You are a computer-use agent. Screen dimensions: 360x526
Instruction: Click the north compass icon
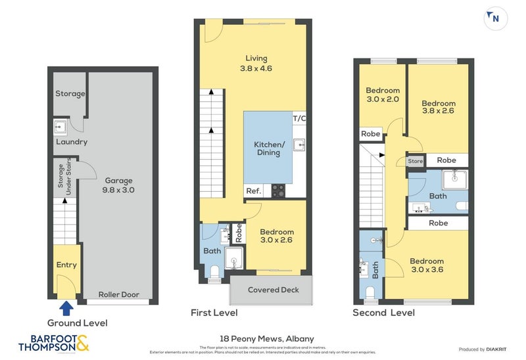pos(495,18)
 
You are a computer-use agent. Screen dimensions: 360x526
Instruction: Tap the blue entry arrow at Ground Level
pos(66,308)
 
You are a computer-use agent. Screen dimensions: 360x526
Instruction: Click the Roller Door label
pos(119,294)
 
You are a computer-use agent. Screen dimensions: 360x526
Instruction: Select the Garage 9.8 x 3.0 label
pos(118,185)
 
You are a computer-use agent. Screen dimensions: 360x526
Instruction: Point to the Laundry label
pos(71,142)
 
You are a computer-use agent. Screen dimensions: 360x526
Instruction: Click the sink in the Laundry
pos(61,126)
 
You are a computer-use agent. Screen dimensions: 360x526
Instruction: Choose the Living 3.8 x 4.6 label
pos(256,63)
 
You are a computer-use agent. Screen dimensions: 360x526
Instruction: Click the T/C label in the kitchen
pos(299,118)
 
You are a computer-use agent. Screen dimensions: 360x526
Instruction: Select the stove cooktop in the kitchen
pos(279,191)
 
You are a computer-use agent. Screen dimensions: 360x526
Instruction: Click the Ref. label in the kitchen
pos(253,191)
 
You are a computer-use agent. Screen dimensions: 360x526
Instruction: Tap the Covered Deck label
pos(273,290)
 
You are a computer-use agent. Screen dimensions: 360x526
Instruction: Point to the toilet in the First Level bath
pos(214,273)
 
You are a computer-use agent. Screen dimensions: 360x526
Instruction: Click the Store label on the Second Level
pos(416,161)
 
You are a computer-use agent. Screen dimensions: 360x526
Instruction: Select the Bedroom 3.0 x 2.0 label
pos(383,95)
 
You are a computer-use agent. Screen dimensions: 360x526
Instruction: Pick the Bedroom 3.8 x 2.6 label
pos(439,107)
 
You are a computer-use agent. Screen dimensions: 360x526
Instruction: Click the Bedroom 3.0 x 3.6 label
pos(427,265)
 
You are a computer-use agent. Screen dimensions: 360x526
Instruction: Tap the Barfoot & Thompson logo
pos(54,343)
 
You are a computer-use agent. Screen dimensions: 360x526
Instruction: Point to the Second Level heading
pos(383,313)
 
